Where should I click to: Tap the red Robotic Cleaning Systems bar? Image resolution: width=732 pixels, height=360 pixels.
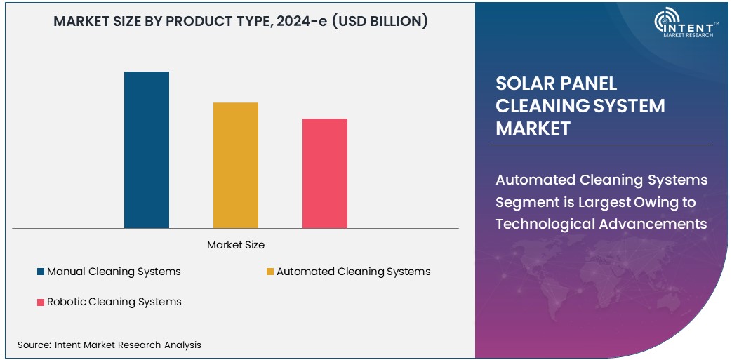point(325,173)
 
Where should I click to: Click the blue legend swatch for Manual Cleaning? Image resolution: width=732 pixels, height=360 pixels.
point(41,272)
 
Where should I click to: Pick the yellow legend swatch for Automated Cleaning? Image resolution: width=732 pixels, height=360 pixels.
point(270,272)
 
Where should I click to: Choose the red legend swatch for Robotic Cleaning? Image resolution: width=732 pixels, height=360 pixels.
point(41,302)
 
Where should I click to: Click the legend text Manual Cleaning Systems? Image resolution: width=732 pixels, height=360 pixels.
point(114,272)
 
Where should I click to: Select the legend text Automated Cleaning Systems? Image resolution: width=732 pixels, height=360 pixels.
point(353,272)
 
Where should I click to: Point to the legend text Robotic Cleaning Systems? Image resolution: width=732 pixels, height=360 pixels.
point(114,302)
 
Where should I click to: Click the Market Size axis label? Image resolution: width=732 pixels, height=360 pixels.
point(236,245)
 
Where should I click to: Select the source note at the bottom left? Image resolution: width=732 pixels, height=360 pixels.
point(109,345)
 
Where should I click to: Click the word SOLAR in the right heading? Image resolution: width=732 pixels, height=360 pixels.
point(522,84)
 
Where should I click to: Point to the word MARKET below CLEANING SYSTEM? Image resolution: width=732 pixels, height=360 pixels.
point(533,128)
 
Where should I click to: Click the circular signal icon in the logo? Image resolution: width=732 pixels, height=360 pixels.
point(665,22)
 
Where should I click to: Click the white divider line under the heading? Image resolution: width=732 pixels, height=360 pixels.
point(600,145)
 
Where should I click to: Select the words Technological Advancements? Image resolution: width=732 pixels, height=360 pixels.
point(601,224)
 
